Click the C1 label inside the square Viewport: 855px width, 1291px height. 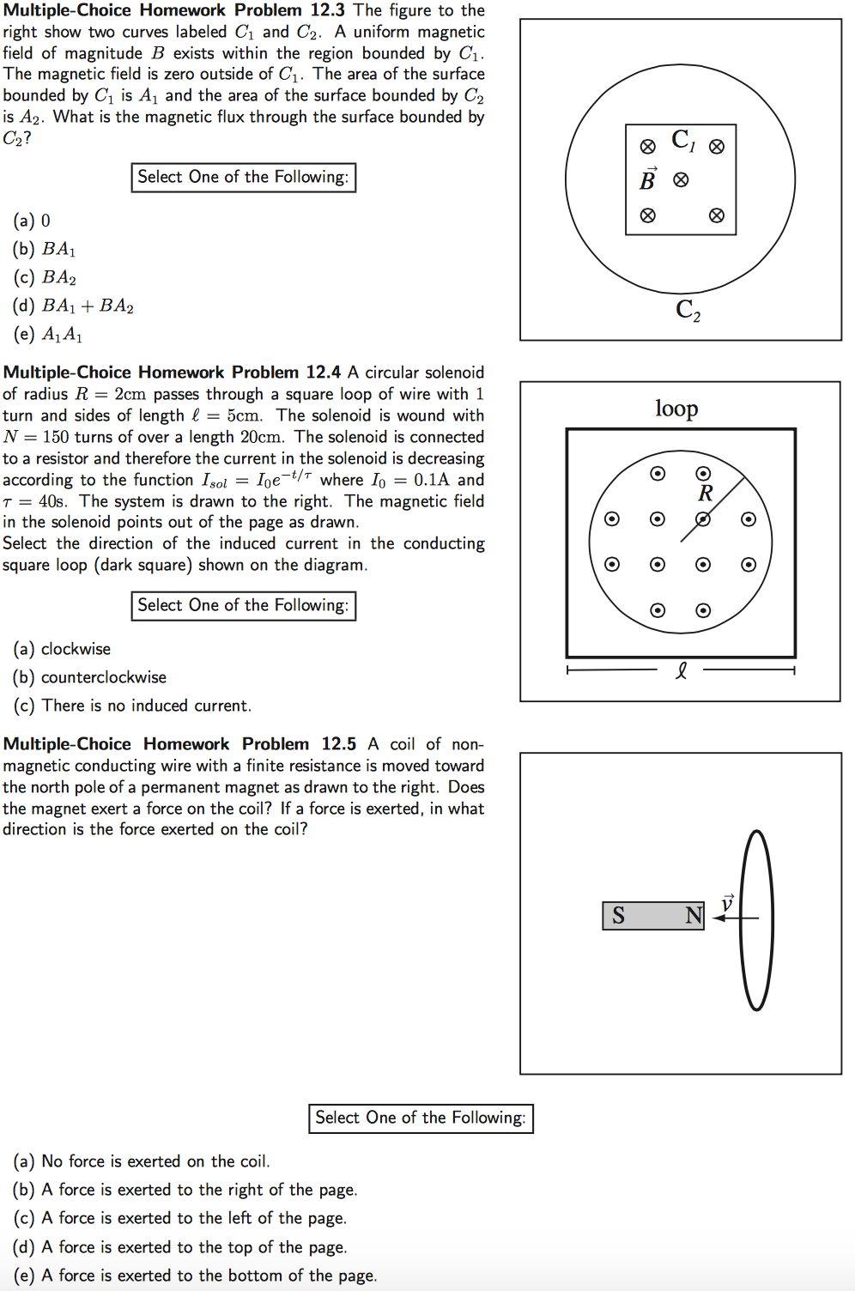tap(683, 140)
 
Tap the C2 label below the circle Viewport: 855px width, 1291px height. tap(688, 310)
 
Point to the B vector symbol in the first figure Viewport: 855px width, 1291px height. tap(648, 179)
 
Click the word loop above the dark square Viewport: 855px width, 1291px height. tap(676, 409)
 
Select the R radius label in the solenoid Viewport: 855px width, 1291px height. tap(706, 494)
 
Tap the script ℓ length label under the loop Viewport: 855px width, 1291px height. tap(681, 670)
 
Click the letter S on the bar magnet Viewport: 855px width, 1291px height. tap(618, 916)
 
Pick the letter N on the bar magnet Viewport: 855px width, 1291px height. tap(694, 916)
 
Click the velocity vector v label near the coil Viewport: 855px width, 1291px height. tap(727, 902)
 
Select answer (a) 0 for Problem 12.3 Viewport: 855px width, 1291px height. tap(33, 221)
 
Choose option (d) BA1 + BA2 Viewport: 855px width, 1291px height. tap(74, 306)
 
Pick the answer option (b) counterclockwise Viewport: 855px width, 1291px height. tap(90, 677)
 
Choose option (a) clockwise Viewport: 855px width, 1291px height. tap(63, 649)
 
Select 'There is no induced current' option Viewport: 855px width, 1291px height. tap(133, 706)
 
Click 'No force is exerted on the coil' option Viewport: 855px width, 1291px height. tap(142, 1161)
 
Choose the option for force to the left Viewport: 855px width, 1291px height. tap(179, 1218)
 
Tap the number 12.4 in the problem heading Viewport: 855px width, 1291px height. tap(323, 373)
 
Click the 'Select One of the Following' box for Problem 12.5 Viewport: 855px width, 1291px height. tap(421, 1118)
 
